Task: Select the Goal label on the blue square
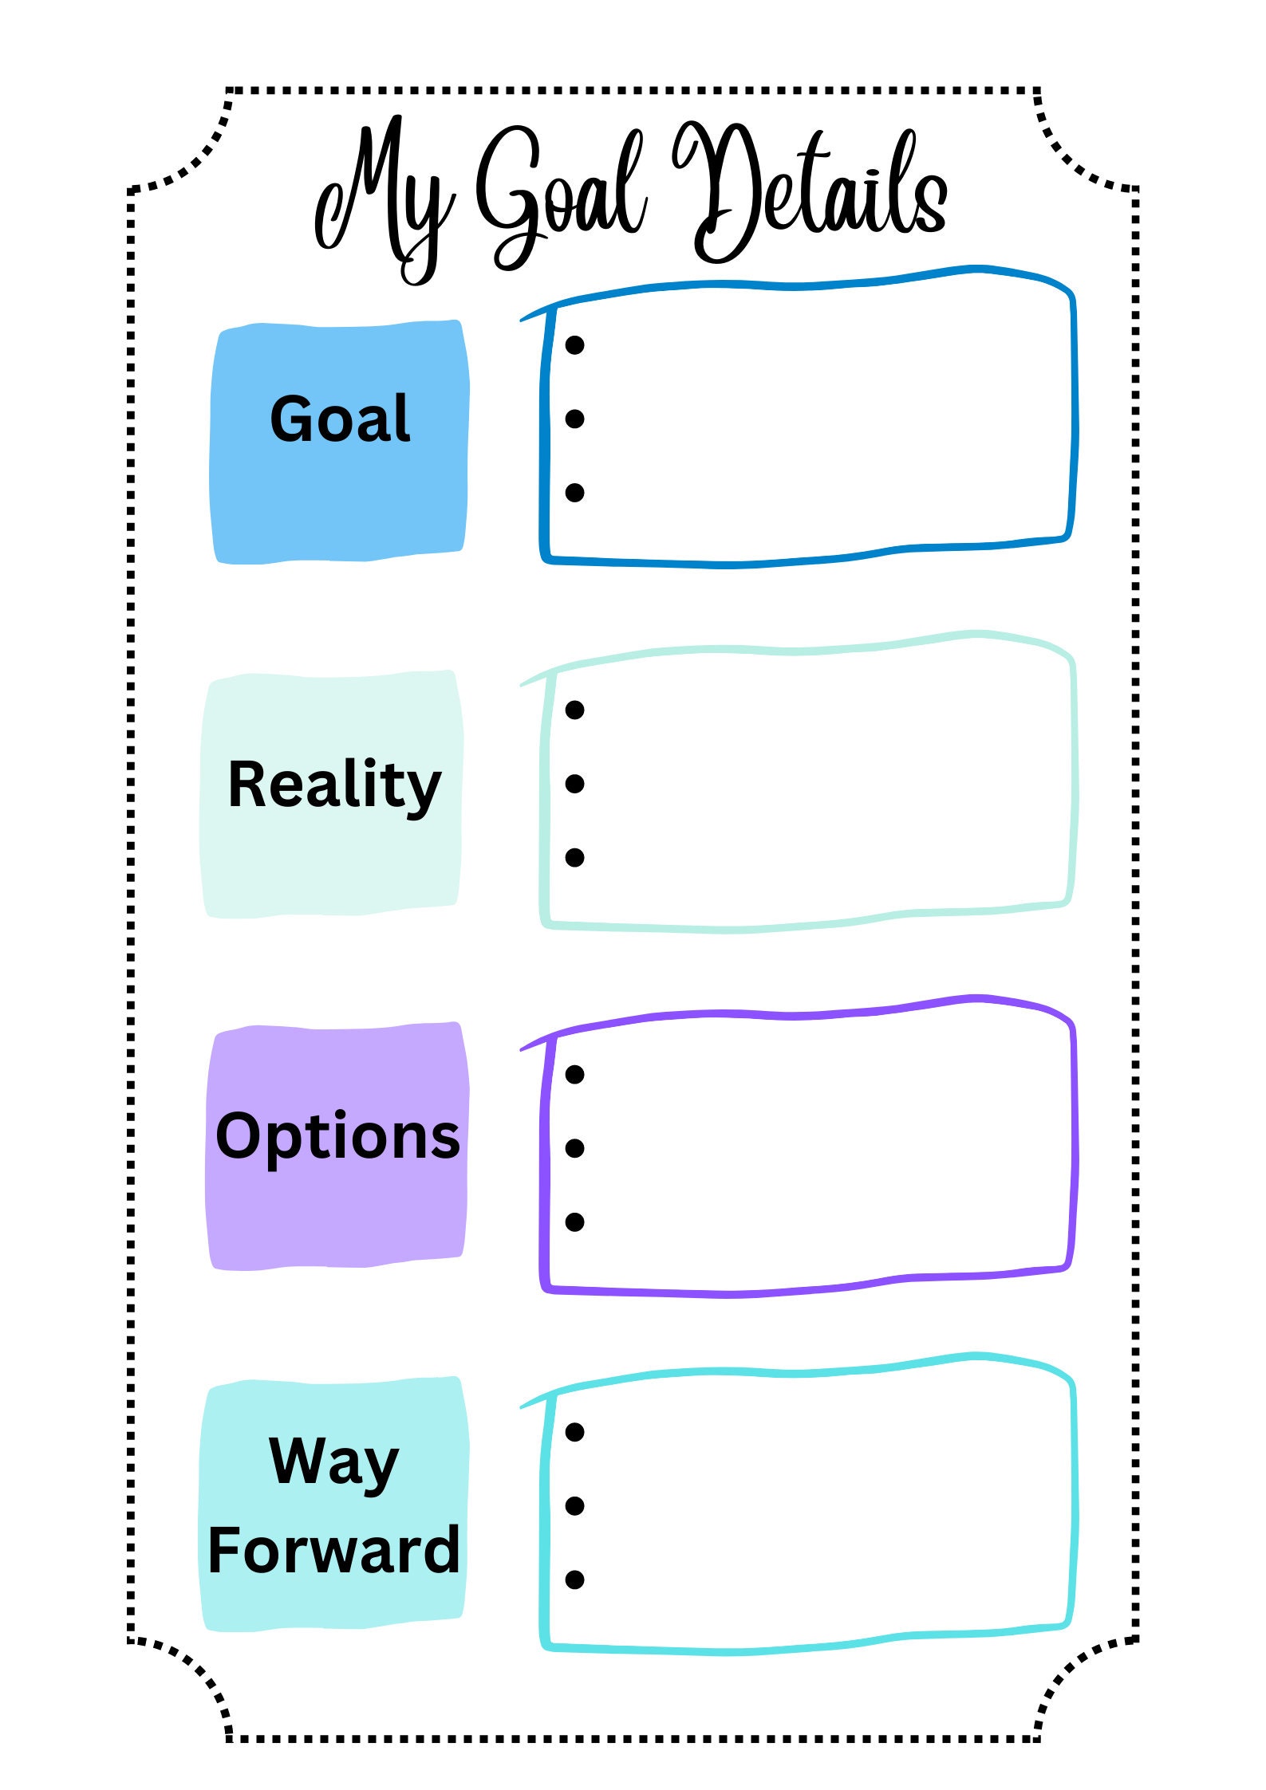340,419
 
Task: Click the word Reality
334,785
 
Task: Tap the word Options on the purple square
337,1137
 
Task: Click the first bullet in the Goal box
574,345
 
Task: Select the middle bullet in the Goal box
574,419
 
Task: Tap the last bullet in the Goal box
574,493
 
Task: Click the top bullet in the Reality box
574,710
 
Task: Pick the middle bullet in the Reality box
574,784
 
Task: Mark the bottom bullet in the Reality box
574,857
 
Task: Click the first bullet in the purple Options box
574,1075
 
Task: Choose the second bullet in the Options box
574,1148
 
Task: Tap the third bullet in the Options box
574,1222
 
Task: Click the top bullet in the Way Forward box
574,1432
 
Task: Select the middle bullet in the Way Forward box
574,1505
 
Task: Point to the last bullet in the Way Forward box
574,1580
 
